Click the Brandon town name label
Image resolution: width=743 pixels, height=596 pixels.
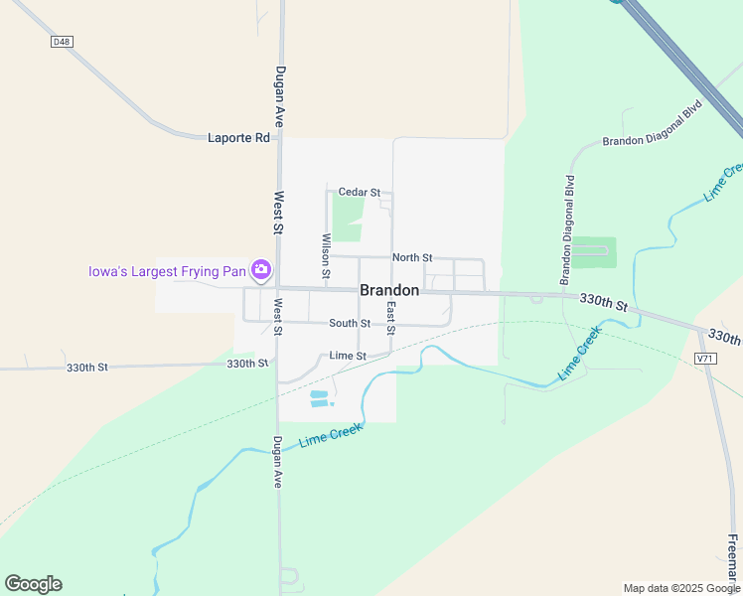[x=389, y=291]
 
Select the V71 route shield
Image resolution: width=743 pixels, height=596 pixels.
[x=705, y=358]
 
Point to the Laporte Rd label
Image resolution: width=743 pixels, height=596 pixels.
[x=238, y=138]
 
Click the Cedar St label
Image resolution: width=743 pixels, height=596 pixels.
[x=359, y=192]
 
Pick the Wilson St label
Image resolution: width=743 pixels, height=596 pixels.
[x=326, y=254]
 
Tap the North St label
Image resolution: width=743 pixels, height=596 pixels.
[x=411, y=257]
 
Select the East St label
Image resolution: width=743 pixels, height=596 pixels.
[x=391, y=318]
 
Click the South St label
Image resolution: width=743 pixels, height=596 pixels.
[x=350, y=323]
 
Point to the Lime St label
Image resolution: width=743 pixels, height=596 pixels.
[x=348, y=356]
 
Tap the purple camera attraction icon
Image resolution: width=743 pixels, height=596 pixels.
[x=261, y=269]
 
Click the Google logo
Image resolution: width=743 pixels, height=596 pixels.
[x=33, y=584]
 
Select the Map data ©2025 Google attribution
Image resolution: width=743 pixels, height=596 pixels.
[x=681, y=588]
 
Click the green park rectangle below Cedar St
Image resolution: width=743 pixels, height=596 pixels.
[x=347, y=219]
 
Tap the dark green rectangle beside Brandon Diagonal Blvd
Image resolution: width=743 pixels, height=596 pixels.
[x=594, y=252]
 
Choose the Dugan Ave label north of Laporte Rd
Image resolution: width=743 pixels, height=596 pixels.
[x=280, y=95]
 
